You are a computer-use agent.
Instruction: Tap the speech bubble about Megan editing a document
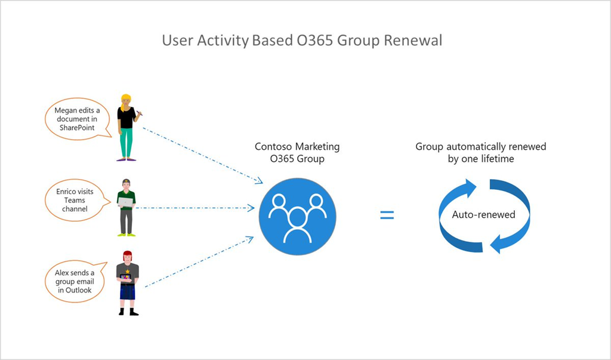point(75,119)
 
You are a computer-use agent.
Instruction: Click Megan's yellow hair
point(126,99)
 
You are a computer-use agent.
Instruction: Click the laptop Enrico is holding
point(125,202)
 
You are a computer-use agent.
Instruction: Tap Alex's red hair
point(127,255)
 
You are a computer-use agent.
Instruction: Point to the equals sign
point(387,215)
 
